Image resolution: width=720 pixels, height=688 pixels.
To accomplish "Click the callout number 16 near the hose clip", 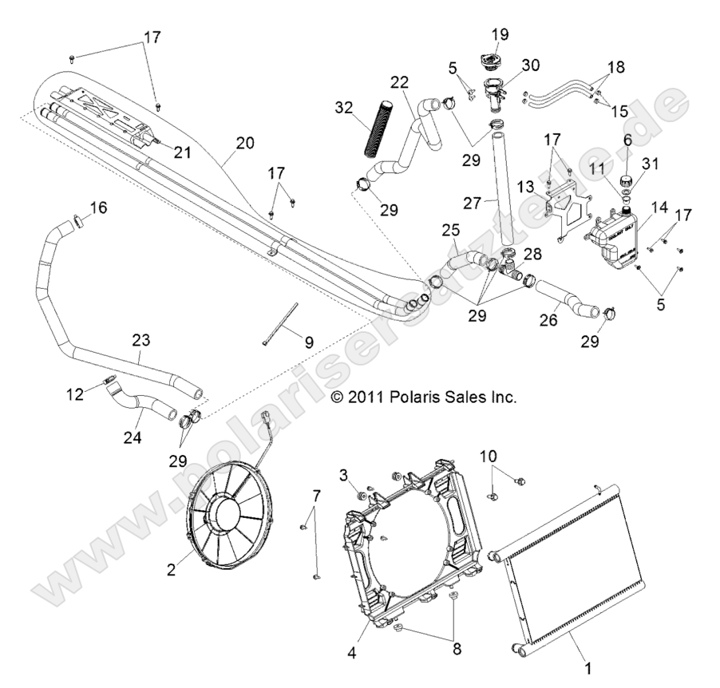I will tap(97, 208).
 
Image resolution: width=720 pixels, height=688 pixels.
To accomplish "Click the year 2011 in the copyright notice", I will tap(366, 397).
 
